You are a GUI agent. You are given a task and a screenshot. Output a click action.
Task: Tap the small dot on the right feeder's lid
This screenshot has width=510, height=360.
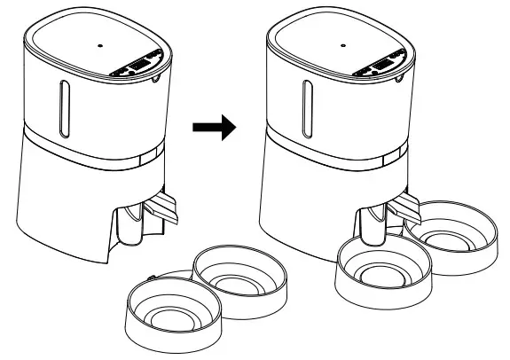[x=343, y=41]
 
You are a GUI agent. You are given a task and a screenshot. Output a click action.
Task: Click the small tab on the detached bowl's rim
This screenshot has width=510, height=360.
[x=152, y=278]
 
